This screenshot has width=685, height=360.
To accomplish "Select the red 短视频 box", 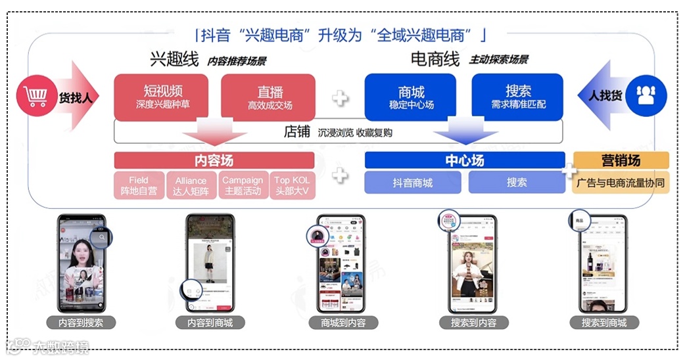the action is pyautogui.click(x=162, y=97).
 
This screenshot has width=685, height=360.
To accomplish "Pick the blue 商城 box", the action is pyautogui.click(x=411, y=97).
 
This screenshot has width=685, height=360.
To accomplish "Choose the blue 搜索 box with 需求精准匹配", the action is pyautogui.click(x=518, y=97).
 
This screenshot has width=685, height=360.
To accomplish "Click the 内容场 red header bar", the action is pyautogui.click(x=214, y=160).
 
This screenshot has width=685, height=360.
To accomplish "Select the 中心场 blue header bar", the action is pyautogui.click(x=464, y=160).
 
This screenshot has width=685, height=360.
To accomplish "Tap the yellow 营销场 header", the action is pyautogui.click(x=621, y=160).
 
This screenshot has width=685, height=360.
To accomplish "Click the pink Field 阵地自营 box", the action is pyautogui.click(x=139, y=185).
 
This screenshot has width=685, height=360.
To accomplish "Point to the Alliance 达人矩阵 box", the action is pyautogui.click(x=191, y=185).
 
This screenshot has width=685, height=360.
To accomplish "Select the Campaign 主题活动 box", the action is pyautogui.click(x=242, y=185).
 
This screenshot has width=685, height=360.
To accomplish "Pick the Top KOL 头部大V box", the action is pyautogui.click(x=291, y=185).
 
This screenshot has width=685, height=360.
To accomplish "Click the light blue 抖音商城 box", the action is pyautogui.click(x=413, y=183).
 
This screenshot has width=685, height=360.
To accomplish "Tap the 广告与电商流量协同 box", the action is pyautogui.click(x=621, y=183).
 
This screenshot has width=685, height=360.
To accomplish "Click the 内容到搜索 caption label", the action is pyautogui.click(x=81, y=323).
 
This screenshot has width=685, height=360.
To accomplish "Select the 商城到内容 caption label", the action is pyautogui.click(x=339, y=323).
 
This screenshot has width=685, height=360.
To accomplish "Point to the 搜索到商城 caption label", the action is pyautogui.click(x=603, y=323).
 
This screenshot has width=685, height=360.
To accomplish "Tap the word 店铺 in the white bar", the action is pyautogui.click(x=296, y=131).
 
